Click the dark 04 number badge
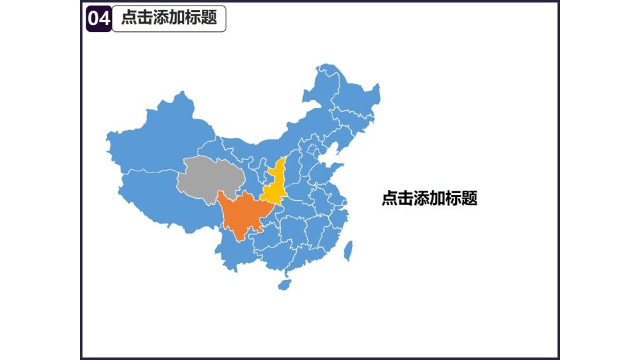pos(99,19)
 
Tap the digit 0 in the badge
pos(93,19)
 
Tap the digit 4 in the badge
pos(104,19)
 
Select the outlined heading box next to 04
pos(169,18)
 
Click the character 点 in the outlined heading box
pos(129,18)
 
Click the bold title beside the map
pos(429,199)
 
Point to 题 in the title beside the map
pos(471,199)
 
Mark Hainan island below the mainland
pos(284,285)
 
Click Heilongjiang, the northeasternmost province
pos(350,94)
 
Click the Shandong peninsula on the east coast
pos(328,171)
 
